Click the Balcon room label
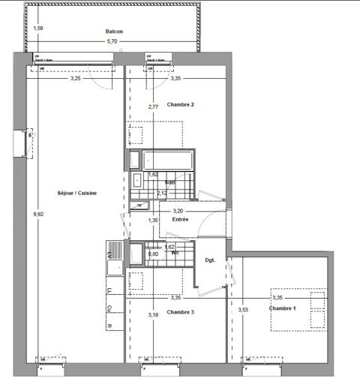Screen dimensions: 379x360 114,32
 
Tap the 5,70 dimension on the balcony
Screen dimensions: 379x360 112,41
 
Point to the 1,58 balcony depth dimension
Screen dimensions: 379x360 39,29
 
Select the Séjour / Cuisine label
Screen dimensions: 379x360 77,193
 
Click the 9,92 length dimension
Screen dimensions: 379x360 38,215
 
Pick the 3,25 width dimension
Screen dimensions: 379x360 76,78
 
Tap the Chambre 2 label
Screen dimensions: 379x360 181,104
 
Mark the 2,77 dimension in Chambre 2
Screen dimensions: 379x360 153,107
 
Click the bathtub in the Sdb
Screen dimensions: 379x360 167,161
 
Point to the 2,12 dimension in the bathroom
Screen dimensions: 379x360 162,194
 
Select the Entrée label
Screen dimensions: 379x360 180,219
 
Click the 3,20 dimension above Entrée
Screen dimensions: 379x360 178,211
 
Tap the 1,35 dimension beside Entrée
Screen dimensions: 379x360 153,220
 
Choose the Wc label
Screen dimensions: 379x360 174,253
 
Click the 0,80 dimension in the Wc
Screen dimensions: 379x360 153,254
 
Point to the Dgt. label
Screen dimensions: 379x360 210,260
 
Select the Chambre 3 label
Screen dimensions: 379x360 181,311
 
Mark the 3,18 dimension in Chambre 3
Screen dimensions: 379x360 153,314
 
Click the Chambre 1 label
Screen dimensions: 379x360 283,308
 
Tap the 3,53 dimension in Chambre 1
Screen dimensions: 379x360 243,309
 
